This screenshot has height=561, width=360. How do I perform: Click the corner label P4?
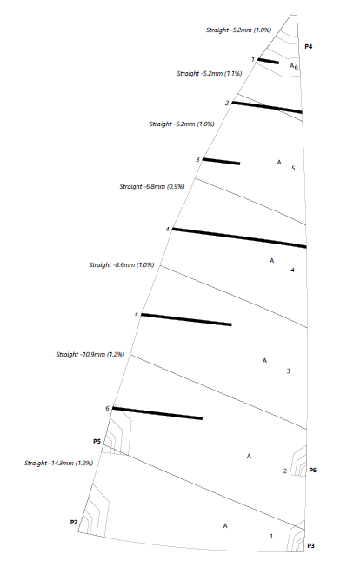(x=309, y=46)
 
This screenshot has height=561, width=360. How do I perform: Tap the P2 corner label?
(x=74, y=523)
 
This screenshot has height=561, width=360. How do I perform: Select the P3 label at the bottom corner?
(x=311, y=546)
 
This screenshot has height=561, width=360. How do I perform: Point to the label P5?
(x=97, y=442)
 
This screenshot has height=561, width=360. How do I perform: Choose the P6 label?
(x=313, y=471)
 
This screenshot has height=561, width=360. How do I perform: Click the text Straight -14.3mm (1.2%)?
(x=58, y=463)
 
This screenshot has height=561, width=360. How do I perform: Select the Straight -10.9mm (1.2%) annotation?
(x=90, y=354)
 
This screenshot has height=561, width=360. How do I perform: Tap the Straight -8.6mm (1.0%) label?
(x=122, y=264)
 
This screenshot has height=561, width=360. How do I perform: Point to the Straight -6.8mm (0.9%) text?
(x=152, y=186)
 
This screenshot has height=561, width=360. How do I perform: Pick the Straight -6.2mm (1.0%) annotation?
(x=182, y=124)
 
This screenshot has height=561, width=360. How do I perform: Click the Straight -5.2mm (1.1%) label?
(x=210, y=73)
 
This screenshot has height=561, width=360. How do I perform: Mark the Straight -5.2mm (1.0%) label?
(x=238, y=30)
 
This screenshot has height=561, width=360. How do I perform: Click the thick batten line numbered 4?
(x=239, y=237)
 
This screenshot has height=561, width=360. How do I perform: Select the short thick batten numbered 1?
(x=268, y=61)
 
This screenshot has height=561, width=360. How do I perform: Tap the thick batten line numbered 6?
(x=157, y=413)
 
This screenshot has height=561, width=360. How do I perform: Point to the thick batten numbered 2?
(x=267, y=107)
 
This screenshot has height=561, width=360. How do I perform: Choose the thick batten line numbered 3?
(x=221, y=162)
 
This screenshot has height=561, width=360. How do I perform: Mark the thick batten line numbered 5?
(x=186, y=319)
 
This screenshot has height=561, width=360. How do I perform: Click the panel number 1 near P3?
(x=271, y=536)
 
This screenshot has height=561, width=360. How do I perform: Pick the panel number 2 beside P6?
(x=285, y=471)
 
